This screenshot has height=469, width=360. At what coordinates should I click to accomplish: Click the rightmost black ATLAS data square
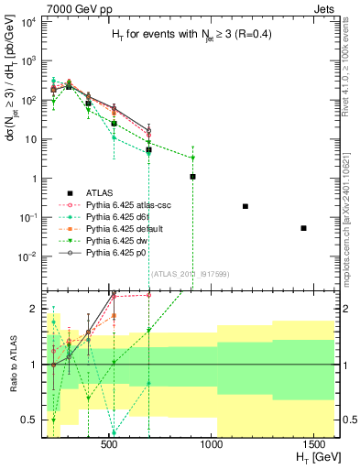[304, 228]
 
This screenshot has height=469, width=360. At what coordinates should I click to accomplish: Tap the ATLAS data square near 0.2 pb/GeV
[245, 206]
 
